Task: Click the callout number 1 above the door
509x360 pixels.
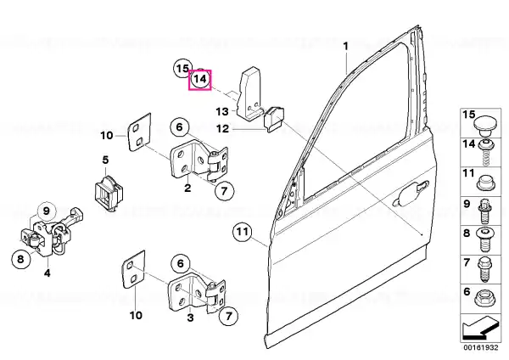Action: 346,46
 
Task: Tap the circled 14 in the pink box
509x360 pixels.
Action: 200,79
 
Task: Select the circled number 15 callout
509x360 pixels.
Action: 182,69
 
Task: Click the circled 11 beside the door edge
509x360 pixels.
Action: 243,232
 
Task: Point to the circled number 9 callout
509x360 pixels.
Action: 46,211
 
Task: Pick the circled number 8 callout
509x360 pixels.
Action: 20,259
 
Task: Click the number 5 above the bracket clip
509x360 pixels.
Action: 105,160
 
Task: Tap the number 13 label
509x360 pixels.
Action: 222,112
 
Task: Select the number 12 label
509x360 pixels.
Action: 222,129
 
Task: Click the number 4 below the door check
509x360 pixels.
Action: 48,273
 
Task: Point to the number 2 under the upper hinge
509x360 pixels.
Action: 187,188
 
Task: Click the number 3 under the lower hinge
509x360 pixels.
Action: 191,318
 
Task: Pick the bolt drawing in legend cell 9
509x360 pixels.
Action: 484,211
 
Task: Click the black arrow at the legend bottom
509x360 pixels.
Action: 479,328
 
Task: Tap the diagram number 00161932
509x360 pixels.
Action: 480,347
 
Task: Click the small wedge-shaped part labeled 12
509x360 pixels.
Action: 275,119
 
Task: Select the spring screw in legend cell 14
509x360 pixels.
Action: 486,152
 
